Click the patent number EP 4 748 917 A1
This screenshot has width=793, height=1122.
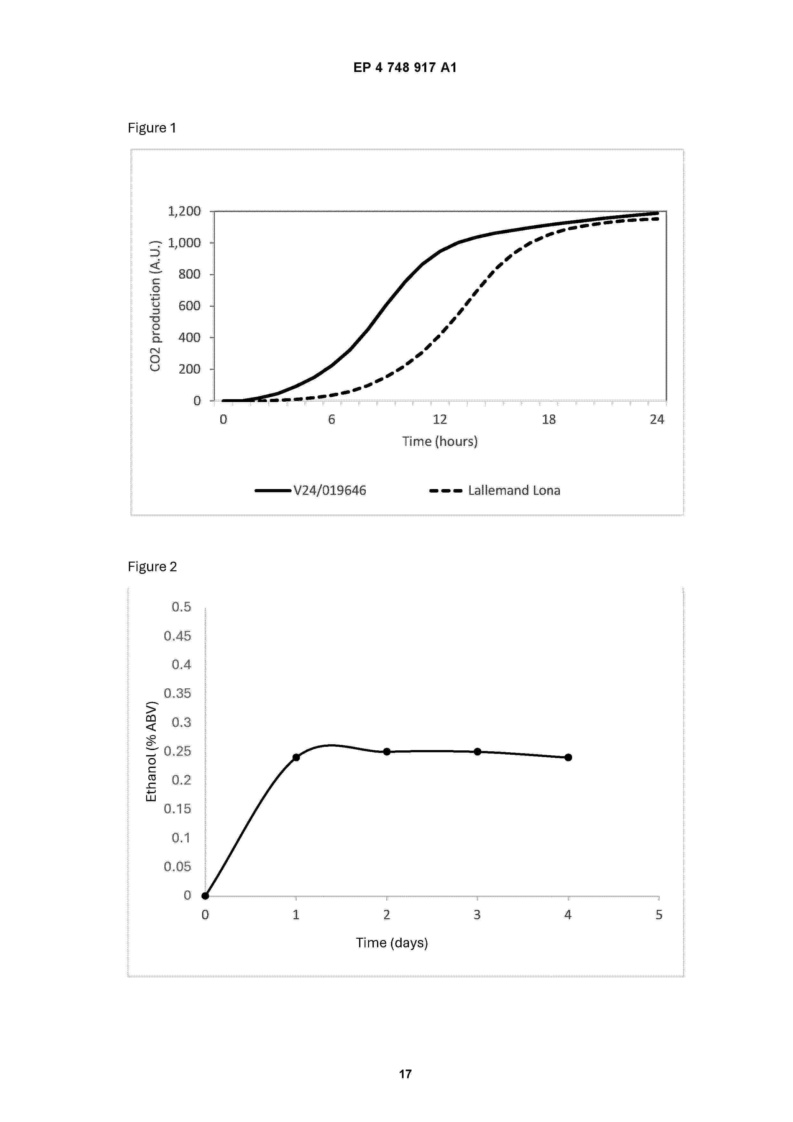(405, 67)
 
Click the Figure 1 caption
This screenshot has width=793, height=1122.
(152, 128)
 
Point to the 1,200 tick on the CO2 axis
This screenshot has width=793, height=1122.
(184, 211)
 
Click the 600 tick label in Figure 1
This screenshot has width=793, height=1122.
(190, 306)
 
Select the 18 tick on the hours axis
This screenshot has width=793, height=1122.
(549, 419)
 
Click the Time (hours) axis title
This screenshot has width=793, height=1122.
(440, 441)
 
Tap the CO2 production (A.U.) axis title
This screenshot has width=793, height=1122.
(155, 306)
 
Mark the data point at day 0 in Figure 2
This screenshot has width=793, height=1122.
(205, 896)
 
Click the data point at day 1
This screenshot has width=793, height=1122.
(296, 757)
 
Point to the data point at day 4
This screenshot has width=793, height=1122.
(568, 757)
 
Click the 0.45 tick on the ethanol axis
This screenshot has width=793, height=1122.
(177, 636)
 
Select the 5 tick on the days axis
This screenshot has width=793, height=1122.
(659, 915)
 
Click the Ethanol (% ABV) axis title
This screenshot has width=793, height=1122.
(152, 752)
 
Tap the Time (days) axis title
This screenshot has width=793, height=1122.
(392, 943)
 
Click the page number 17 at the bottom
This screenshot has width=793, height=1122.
(405, 1074)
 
